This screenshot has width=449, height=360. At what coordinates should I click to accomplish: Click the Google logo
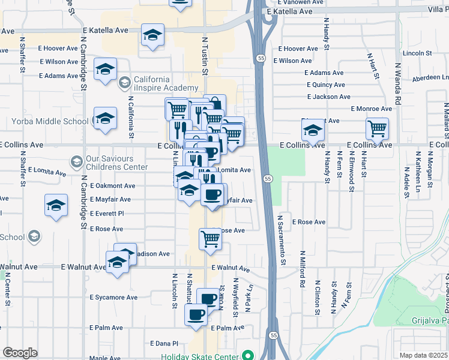(x=20, y=353)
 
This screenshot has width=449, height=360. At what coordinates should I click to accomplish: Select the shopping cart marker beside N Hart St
(x=377, y=128)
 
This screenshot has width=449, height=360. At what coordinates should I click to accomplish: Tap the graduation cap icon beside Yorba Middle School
(x=105, y=118)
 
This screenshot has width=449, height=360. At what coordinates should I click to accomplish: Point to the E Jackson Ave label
(x=328, y=97)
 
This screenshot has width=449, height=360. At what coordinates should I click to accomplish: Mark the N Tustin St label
(x=204, y=56)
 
